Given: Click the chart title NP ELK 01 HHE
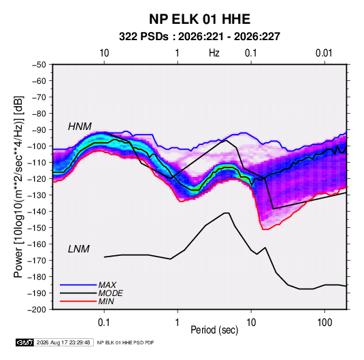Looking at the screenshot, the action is (x=199, y=19).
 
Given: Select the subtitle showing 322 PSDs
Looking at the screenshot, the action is (x=199, y=37).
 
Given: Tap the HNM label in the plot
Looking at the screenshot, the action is (x=80, y=127).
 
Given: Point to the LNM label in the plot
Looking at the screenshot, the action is (x=79, y=249).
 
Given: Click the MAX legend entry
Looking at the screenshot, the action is (x=107, y=284).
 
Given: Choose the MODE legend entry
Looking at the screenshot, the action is (x=110, y=293).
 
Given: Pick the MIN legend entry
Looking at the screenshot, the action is (x=106, y=301).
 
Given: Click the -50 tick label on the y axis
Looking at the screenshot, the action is (x=39, y=65).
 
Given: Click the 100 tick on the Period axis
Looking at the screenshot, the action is (x=325, y=323).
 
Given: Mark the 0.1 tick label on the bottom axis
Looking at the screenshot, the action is (x=104, y=323).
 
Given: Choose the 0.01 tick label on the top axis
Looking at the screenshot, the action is (x=324, y=53).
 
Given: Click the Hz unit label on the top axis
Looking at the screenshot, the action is (x=214, y=53).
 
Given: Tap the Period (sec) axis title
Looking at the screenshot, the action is (x=214, y=330).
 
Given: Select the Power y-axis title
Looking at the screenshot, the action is (x=18, y=187).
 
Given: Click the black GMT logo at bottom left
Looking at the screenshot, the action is (x=25, y=342).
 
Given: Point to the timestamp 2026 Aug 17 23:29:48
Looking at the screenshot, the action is (x=63, y=342).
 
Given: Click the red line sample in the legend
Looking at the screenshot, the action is (x=78, y=301).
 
